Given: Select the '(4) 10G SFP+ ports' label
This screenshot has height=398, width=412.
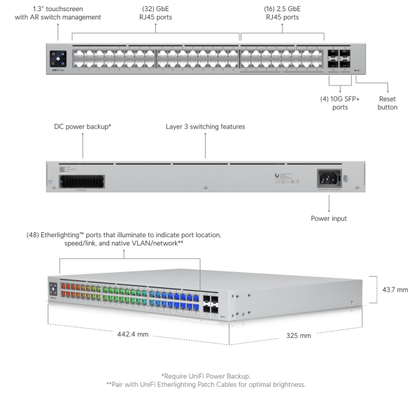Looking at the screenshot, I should click(x=340, y=102).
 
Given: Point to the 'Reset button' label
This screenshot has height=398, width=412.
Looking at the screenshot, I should click(x=387, y=102).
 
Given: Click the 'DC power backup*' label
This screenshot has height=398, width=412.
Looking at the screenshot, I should click(x=83, y=127).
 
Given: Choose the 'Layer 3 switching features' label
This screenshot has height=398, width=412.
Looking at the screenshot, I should click(x=205, y=127).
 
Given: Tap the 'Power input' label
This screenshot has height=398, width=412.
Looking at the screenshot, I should click(x=329, y=218).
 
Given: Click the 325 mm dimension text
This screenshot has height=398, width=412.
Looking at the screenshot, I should click(x=299, y=336).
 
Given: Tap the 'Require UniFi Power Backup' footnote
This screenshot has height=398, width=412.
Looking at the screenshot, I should click(x=205, y=376).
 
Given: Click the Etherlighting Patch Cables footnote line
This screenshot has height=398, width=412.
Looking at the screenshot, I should click(x=205, y=384).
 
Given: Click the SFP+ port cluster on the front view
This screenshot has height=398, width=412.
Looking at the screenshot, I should click(x=339, y=57).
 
